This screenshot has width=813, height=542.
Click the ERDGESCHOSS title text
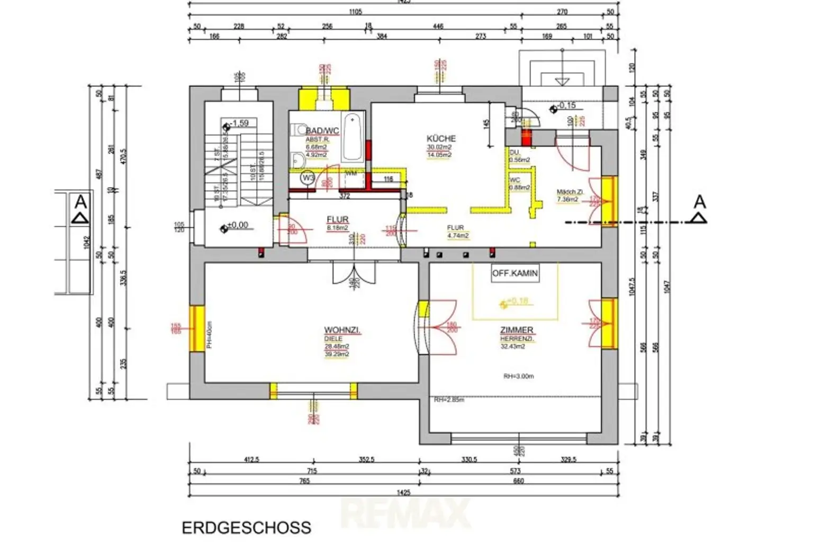246,528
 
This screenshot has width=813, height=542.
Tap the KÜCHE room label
441,138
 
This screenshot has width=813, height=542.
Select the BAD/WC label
322,131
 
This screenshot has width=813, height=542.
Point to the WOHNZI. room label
342,330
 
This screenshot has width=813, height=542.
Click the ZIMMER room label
517,330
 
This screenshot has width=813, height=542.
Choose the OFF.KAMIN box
514,273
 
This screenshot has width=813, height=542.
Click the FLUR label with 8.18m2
337,219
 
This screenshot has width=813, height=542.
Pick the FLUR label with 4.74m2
455,228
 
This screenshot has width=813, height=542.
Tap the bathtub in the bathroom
351,136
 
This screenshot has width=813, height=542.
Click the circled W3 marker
308,178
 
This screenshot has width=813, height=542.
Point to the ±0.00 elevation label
237,225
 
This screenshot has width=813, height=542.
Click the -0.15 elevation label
566,105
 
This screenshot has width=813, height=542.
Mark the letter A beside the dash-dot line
699,202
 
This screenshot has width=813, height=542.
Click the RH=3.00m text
518,376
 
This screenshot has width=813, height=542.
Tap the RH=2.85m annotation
448,400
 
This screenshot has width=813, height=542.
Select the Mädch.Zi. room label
569,192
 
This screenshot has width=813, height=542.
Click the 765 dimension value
304,481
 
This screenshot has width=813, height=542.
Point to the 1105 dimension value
355,12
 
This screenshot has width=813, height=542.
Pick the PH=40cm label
209,335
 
